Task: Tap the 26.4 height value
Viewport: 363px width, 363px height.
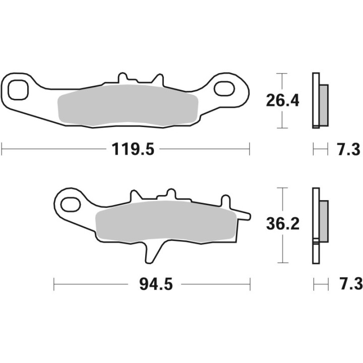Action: pos(283,101)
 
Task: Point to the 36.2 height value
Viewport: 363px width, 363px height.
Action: pos(283,224)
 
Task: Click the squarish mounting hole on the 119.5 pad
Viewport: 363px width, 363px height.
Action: pos(20,89)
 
